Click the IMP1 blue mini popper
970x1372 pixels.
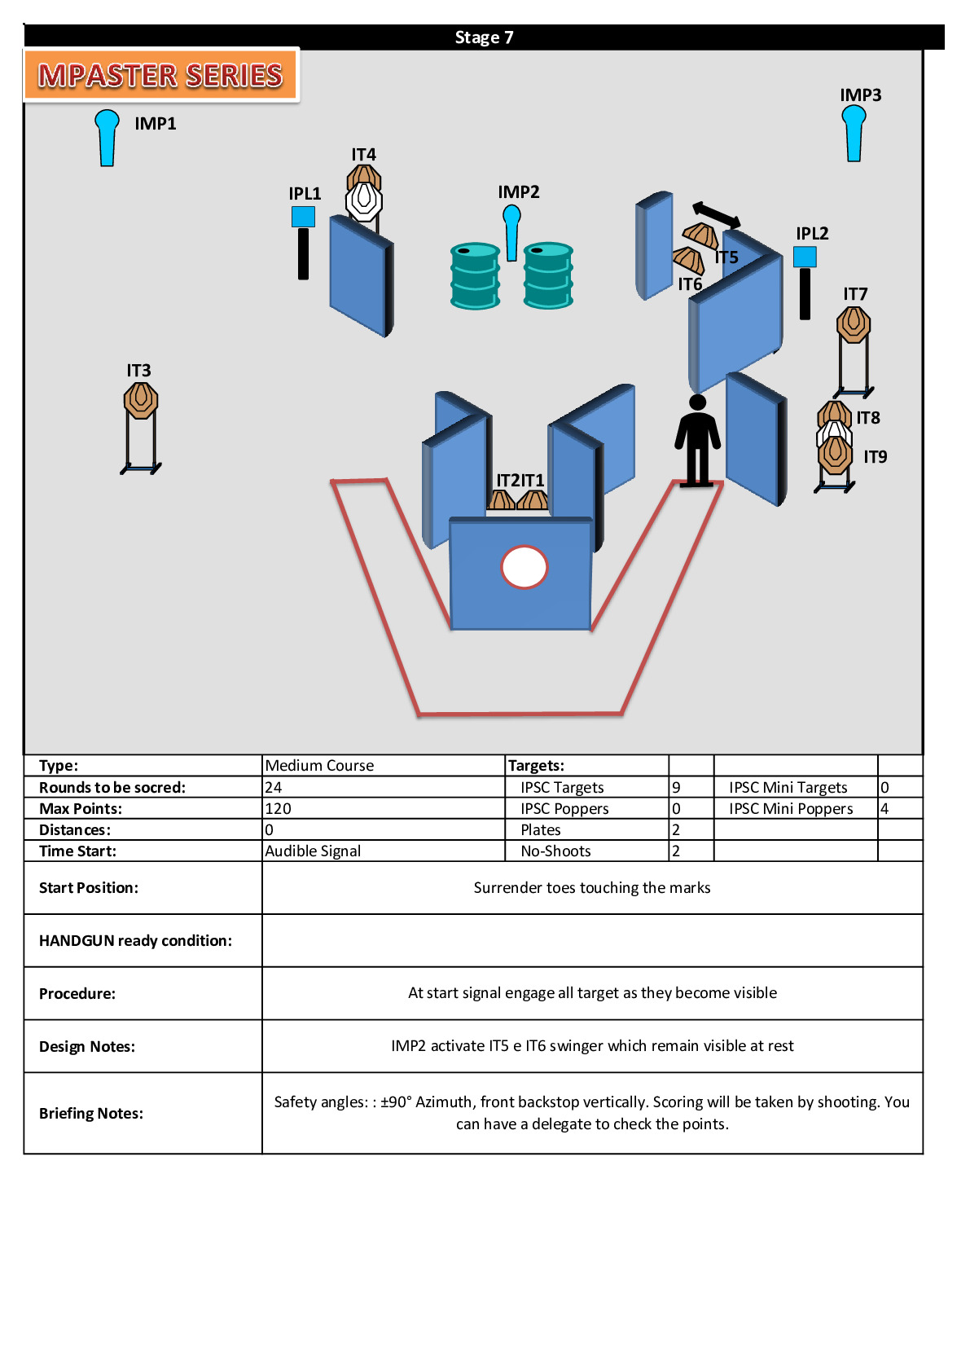tap(107, 137)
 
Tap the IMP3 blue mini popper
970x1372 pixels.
tap(853, 133)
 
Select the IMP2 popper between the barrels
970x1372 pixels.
tap(511, 233)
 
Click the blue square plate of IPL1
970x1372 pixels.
tap(303, 217)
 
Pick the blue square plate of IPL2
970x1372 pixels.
tap(805, 257)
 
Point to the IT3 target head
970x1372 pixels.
tap(141, 401)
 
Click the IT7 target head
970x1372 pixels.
tap(853, 324)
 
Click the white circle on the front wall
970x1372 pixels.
tap(525, 567)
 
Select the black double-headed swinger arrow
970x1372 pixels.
tap(717, 215)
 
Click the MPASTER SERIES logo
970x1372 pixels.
tap(161, 75)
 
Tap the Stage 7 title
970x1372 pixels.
tap(484, 37)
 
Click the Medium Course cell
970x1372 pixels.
tap(319, 765)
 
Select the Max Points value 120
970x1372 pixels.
tap(278, 808)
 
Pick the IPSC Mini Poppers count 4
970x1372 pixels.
tap(884, 808)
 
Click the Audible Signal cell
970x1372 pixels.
tap(313, 851)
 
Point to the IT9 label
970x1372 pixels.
tap(875, 457)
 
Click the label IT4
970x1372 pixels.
tap(364, 154)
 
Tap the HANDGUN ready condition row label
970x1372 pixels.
tap(135, 941)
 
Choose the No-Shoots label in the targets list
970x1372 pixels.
tap(555, 851)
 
